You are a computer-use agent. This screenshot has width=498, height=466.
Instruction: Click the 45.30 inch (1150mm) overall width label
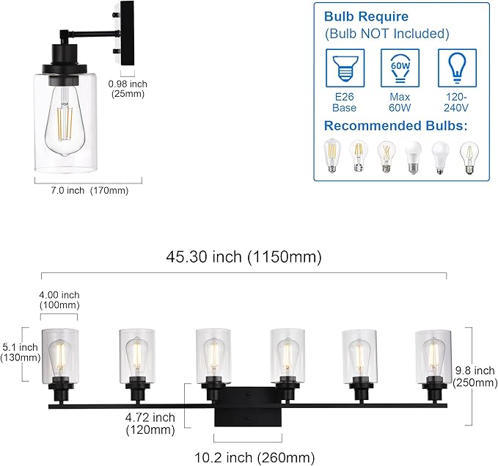coord(243,258)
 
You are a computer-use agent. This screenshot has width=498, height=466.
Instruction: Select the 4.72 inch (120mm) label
coord(150,424)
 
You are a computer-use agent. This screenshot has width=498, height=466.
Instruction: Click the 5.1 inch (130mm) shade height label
coord(20,352)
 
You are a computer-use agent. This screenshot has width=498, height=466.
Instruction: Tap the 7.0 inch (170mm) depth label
coord(81,191)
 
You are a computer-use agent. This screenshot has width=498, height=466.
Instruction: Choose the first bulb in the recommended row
coord(334,156)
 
